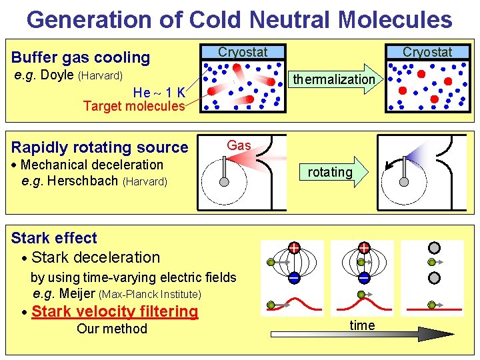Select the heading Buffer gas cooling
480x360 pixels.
pos(81,57)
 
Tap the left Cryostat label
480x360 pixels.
pos(243,52)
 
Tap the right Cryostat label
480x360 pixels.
pos(427,52)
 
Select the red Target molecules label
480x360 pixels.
pos(134,106)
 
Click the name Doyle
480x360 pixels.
pos(57,75)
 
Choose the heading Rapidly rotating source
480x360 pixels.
pos(100,147)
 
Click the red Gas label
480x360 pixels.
pos(239,145)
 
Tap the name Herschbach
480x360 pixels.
pos(81,181)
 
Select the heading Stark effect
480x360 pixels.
pos(54,238)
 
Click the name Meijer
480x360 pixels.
pos(77,293)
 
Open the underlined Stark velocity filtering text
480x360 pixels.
pos(115,311)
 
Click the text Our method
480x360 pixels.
pos(112,329)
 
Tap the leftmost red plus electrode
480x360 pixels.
pos(293,248)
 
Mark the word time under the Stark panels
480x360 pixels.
pos(362,325)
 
